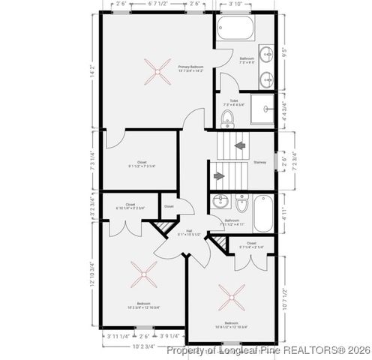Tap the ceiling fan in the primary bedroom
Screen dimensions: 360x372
pos(157,73)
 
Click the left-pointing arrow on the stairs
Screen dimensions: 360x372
pos(240,146)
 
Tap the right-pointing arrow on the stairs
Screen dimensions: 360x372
pos(219,176)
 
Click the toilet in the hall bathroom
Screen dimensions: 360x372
pos(241,204)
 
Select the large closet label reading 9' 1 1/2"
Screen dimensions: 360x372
pos(141,166)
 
